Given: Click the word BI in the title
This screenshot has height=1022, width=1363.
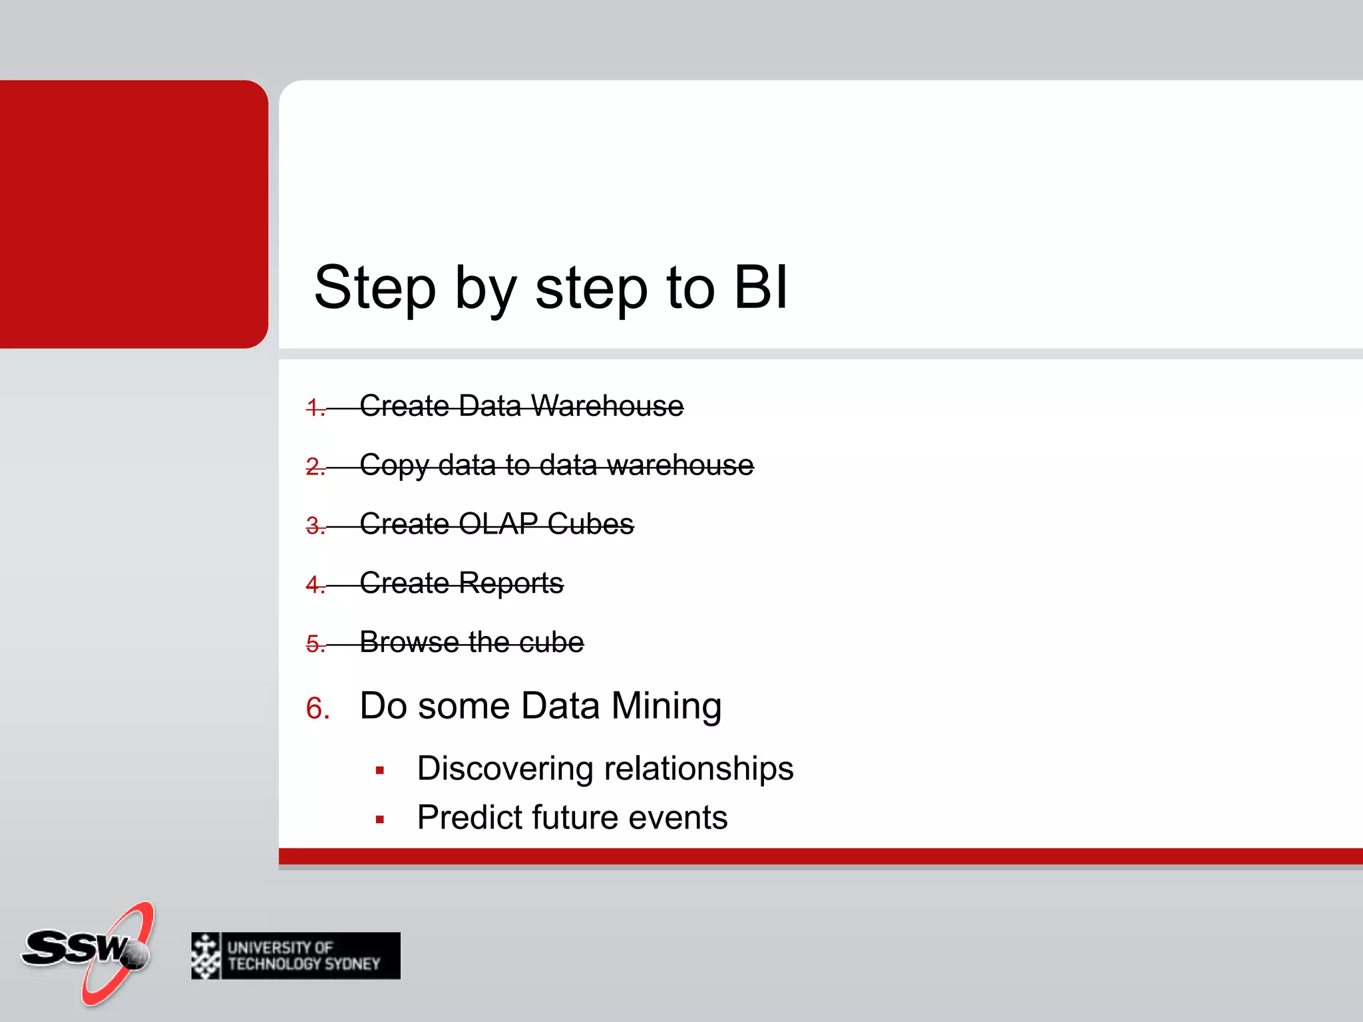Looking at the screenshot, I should [761, 287].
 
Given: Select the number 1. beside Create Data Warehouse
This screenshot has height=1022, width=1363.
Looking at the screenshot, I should [315, 407].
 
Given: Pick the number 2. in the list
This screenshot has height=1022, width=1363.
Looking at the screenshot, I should [315, 466].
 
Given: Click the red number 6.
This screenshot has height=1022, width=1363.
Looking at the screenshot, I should [317, 709].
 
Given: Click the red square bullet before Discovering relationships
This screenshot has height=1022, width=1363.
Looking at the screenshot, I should [380, 771].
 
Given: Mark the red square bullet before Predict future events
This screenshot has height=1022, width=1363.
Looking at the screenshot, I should [380, 820].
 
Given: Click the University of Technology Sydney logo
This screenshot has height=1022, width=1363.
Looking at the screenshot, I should [295, 955].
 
